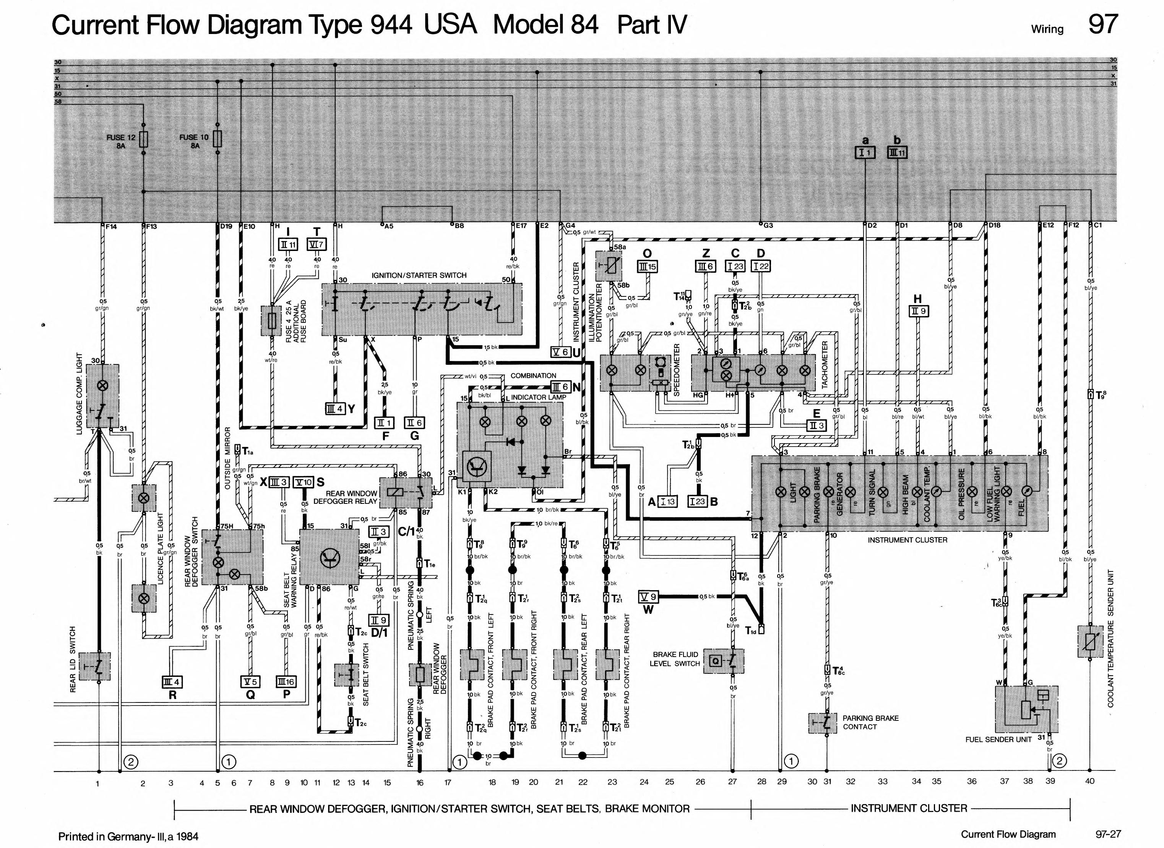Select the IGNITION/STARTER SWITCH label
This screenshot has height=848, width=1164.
click(419, 275)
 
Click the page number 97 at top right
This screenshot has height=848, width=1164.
click(1102, 25)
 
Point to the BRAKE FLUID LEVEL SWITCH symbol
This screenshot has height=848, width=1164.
click(723, 661)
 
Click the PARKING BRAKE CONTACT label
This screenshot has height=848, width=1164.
click(870, 722)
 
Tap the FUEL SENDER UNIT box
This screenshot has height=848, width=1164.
click(1026, 709)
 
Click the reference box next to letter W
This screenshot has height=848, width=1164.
click(648, 597)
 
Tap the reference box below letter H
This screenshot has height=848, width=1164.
click(919, 311)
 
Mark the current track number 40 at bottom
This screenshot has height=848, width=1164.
click(1089, 781)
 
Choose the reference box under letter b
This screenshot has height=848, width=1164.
click(897, 152)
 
